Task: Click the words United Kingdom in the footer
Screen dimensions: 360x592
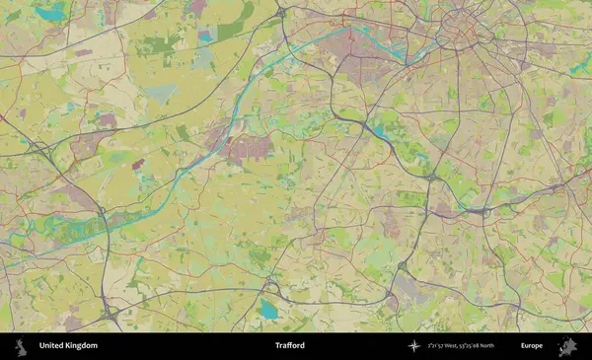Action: pyautogui.click(x=68, y=346)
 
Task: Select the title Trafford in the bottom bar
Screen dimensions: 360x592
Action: pyautogui.click(x=290, y=346)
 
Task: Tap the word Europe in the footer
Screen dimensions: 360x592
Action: pyautogui.click(x=532, y=346)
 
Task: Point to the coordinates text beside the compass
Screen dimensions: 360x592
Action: pyautogui.click(x=475, y=346)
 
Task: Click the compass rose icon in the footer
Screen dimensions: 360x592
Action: pyautogui.click(x=413, y=346)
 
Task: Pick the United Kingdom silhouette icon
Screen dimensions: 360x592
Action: pyautogui.click(x=20, y=346)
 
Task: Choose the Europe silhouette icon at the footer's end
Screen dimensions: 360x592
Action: pyautogui.click(x=567, y=346)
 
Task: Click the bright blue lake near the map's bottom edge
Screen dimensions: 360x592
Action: pyautogui.click(x=268, y=311)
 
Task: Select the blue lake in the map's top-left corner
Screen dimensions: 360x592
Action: pyautogui.click(x=51, y=13)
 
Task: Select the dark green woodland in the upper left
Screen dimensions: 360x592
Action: pyautogui.click(x=158, y=44)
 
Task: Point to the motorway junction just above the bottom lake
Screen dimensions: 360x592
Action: pyautogui.click(x=268, y=287)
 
